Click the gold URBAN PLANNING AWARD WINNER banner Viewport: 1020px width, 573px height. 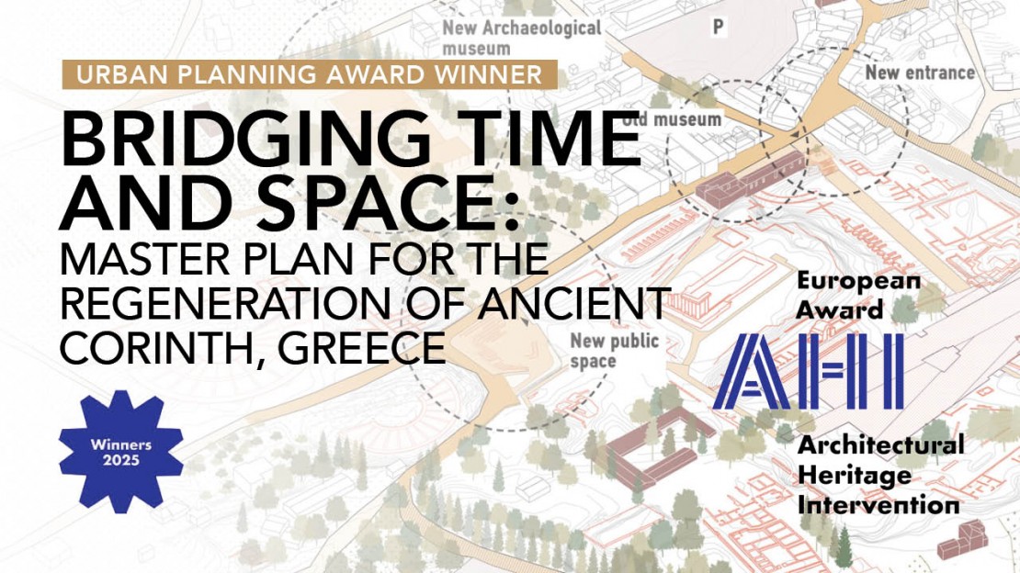pos(310,74)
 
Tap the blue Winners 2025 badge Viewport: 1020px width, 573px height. pos(121,451)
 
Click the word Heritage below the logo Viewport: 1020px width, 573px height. pos(855,475)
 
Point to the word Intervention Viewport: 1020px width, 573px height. pos(878,504)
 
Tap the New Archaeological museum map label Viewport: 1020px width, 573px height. pos(522,37)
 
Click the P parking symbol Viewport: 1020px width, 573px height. pos(718,28)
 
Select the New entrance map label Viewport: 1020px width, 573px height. pos(920,72)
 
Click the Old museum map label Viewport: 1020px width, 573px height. pos(673,119)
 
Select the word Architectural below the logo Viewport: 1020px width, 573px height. pos(880,446)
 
